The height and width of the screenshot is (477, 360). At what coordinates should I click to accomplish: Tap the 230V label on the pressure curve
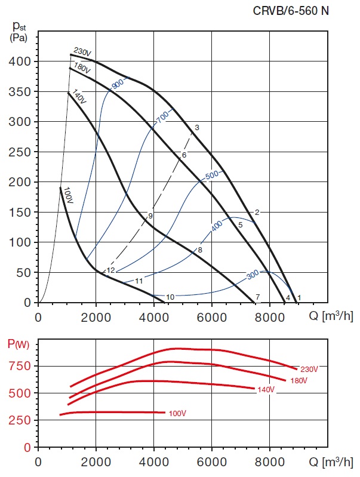tap(82, 53)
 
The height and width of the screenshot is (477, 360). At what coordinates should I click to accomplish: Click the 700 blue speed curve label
tap(162, 118)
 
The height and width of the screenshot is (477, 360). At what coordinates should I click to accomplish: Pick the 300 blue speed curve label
tap(253, 275)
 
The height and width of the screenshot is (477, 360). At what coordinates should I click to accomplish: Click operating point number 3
tap(196, 128)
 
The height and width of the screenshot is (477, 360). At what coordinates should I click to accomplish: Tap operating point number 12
tap(110, 270)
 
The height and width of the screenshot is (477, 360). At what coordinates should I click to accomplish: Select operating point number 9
tap(150, 216)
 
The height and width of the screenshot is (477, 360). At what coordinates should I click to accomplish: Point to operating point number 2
tap(257, 213)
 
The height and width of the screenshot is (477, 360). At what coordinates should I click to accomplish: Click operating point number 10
tap(170, 297)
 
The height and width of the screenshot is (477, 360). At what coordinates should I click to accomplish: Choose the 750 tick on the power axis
tap(23, 366)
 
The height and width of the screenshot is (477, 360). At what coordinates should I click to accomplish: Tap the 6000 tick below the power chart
tap(212, 461)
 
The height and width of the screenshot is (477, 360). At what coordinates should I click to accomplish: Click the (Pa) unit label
tap(19, 38)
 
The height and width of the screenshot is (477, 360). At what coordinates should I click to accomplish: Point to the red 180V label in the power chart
tap(299, 381)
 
